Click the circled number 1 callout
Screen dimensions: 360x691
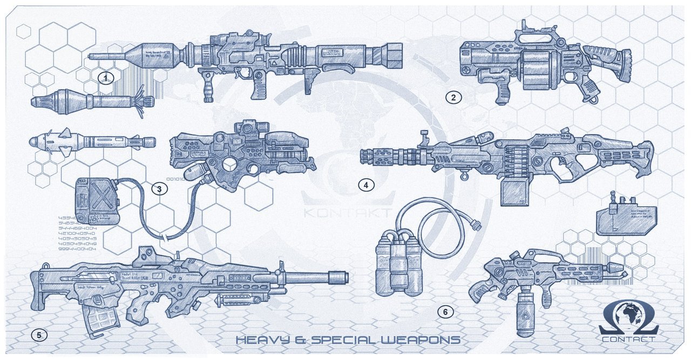106,78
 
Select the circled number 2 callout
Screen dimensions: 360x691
453,97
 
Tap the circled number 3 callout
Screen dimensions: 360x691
159,188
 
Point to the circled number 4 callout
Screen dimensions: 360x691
366,185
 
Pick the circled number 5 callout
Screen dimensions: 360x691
39,335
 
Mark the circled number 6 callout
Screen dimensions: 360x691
445,311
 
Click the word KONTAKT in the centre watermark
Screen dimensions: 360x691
347,213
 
